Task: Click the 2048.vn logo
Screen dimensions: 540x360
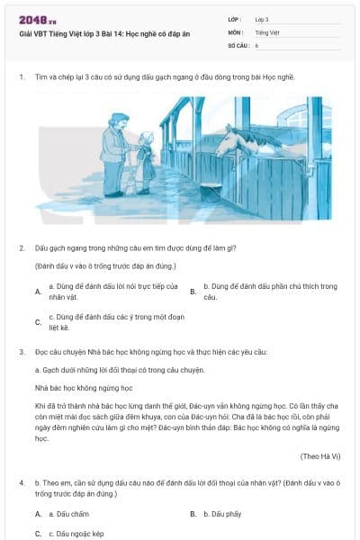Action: pyautogui.click(x=35, y=19)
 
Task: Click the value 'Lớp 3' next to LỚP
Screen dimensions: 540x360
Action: pyautogui.click(x=262, y=19)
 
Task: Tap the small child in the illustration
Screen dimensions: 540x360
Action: pyautogui.click(x=144, y=162)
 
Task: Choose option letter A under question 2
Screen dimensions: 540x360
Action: pyautogui.click(x=38, y=292)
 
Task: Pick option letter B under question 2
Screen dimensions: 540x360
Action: pyautogui.click(x=193, y=292)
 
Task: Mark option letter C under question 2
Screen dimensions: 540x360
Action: pyautogui.click(x=38, y=322)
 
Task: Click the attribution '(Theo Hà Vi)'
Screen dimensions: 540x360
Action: pyautogui.click(x=319, y=456)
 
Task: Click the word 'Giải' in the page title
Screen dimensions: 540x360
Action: pyautogui.click(x=26, y=33)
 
